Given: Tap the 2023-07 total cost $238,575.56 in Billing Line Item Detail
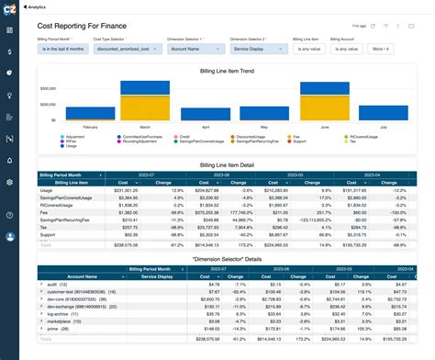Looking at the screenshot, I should click(x=121, y=246).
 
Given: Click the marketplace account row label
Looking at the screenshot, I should click(x=59, y=321).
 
